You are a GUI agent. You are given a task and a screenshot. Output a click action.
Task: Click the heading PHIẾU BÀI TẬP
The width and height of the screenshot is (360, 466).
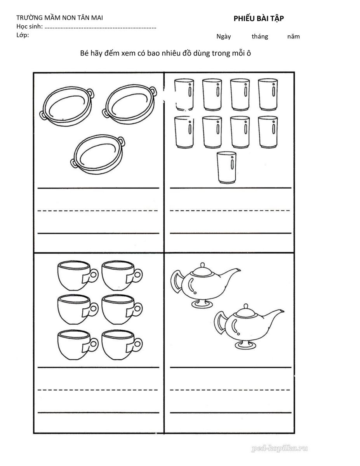(259, 19)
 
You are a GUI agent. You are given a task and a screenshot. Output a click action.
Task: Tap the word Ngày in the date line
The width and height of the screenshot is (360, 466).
(224, 37)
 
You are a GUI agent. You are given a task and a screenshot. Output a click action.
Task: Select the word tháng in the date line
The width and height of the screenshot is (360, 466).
(260, 37)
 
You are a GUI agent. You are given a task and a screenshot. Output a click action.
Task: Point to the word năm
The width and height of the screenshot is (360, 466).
(293, 37)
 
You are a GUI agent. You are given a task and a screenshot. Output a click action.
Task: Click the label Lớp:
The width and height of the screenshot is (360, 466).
(23, 35)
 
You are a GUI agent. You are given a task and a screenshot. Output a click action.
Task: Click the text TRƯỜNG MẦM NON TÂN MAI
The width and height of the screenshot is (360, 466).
(59, 17)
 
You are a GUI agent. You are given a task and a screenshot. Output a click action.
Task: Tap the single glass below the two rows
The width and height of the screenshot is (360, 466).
(226, 167)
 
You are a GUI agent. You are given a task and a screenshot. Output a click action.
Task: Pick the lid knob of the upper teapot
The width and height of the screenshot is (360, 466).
(202, 264)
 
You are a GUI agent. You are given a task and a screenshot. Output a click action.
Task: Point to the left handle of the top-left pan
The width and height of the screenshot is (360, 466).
(43, 115)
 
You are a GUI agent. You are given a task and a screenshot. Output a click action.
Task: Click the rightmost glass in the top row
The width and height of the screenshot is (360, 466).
(268, 95)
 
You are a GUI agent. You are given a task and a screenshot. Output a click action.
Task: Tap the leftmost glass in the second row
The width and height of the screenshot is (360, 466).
(184, 132)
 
